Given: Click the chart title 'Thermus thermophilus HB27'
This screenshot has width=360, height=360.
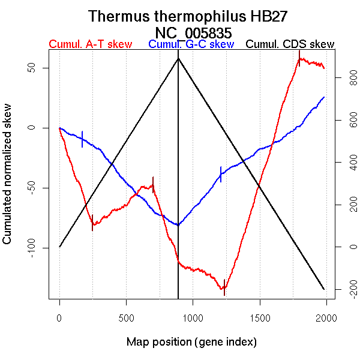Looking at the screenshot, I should (x=193, y=16).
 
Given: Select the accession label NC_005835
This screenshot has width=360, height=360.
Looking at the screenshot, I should (x=193, y=32).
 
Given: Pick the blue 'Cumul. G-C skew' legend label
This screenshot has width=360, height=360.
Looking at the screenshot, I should (x=191, y=44).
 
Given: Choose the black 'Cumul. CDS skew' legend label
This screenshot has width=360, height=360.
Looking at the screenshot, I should (x=290, y=44).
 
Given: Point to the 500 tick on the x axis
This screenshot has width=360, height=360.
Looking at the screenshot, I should (x=126, y=316).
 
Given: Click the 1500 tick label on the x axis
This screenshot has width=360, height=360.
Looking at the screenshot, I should (x=259, y=316).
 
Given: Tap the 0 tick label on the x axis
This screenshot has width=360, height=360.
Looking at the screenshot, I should (x=59, y=316).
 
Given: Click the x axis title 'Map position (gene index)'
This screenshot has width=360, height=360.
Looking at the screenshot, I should (x=191, y=342).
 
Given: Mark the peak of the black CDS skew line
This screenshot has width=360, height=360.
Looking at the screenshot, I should (x=178, y=58).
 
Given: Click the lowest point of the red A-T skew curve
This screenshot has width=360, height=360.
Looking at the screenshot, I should (x=224, y=289).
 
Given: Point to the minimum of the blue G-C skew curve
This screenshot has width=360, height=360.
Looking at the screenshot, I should (x=178, y=225).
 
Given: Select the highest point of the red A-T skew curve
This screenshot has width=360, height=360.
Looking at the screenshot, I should (x=302, y=59).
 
